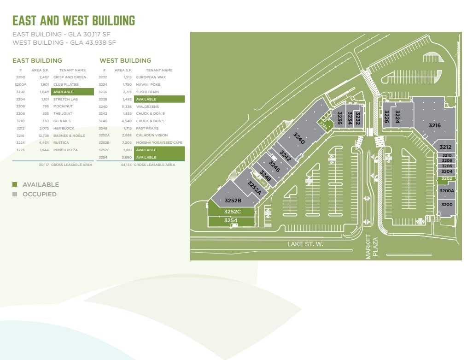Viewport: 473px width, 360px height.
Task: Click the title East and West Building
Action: tap(74, 21)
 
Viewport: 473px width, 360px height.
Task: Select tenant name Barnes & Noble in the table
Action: tap(69, 136)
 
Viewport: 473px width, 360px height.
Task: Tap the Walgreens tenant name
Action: tap(147, 106)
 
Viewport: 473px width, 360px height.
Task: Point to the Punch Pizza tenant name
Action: tap(65, 150)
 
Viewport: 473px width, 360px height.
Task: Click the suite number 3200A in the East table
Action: tap(21, 85)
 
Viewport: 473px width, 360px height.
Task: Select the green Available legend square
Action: tap(15, 184)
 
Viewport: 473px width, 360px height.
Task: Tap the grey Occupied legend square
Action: tap(15, 194)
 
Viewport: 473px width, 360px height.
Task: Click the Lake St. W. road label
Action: tap(305, 244)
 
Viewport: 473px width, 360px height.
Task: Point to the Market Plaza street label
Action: tap(372, 247)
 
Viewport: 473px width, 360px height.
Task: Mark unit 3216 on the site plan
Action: tap(434, 125)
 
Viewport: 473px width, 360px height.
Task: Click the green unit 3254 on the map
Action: tap(231, 221)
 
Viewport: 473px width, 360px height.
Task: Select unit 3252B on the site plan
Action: tap(233, 201)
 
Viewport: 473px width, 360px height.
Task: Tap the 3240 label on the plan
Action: tap(299, 138)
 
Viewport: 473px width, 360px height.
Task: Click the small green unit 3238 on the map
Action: tap(324, 125)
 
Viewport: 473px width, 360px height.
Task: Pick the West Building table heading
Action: tap(125, 60)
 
